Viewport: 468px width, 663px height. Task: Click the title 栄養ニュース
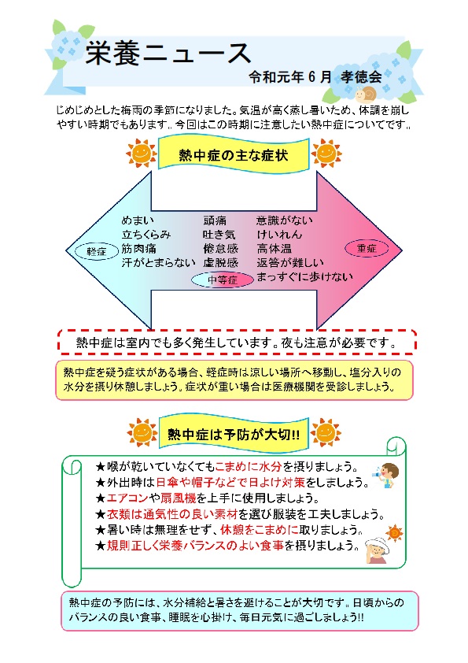tap(168, 54)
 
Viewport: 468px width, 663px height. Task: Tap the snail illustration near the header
tap(366, 94)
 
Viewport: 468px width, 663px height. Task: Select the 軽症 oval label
tap(96, 251)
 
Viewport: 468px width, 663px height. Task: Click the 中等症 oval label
tap(223, 280)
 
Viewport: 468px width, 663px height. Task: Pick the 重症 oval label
tap(367, 248)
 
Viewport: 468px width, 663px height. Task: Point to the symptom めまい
tap(138, 220)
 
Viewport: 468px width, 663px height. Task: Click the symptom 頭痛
tap(215, 220)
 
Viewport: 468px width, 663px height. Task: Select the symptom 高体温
tap(275, 248)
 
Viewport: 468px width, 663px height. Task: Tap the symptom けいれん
tap(279, 234)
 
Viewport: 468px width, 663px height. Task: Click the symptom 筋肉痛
tap(138, 248)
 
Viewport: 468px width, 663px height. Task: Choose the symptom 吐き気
tap(219, 234)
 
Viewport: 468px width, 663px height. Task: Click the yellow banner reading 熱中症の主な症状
tap(234, 155)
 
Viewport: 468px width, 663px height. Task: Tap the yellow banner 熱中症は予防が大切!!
tap(234, 434)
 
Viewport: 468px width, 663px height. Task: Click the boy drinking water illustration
tap(386, 475)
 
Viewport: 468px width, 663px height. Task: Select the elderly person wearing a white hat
tap(378, 550)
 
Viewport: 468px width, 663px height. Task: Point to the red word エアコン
tap(127, 498)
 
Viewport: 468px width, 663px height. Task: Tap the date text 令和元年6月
tap(290, 76)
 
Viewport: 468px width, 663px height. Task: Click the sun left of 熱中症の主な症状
tap(141, 153)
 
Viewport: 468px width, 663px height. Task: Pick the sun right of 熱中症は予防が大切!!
tap(325, 432)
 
